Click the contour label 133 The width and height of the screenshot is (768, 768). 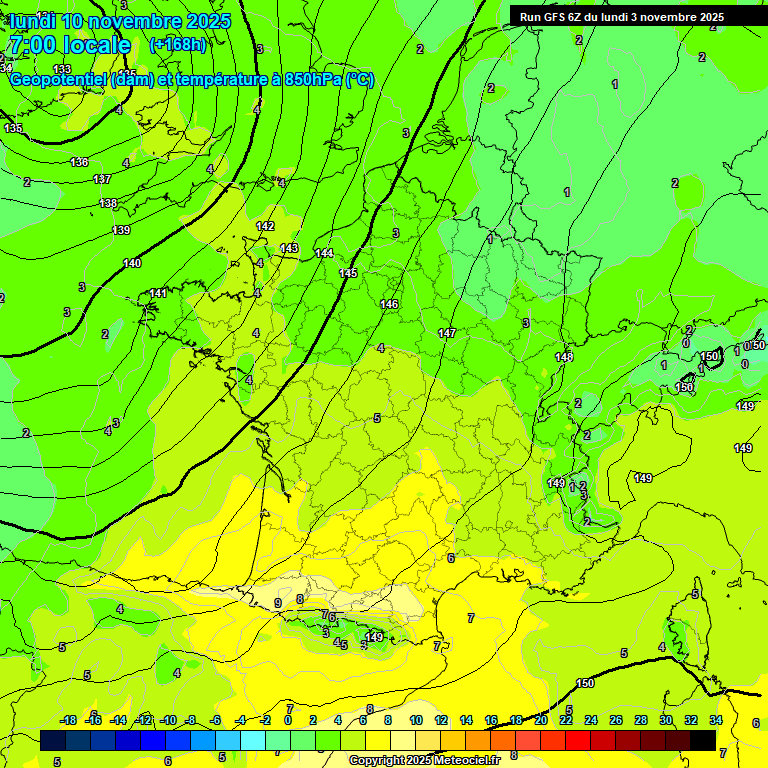(x=62, y=69)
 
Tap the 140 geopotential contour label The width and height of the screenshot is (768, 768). (x=132, y=263)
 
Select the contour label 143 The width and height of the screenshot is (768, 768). (x=289, y=248)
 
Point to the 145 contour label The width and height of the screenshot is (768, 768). (x=348, y=273)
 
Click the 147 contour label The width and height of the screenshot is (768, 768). (x=447, y=333)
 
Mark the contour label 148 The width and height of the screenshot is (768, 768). (x=564, y=357)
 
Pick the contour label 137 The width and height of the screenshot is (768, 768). (x=102, y=179)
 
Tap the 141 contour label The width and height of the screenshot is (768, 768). (x=158, y=293)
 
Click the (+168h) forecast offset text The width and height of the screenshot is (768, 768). (x=177, y=45)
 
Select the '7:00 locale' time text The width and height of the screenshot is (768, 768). (x=69, y=45)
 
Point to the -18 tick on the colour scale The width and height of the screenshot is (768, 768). (x=69, y=720)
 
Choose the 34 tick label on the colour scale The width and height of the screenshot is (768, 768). (x=716, y=720)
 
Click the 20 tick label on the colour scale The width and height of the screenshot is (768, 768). (x=541, y=720)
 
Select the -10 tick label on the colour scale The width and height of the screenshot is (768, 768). (x=169, y=720)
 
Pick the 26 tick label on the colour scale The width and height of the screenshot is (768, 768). (x=616, y=720)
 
